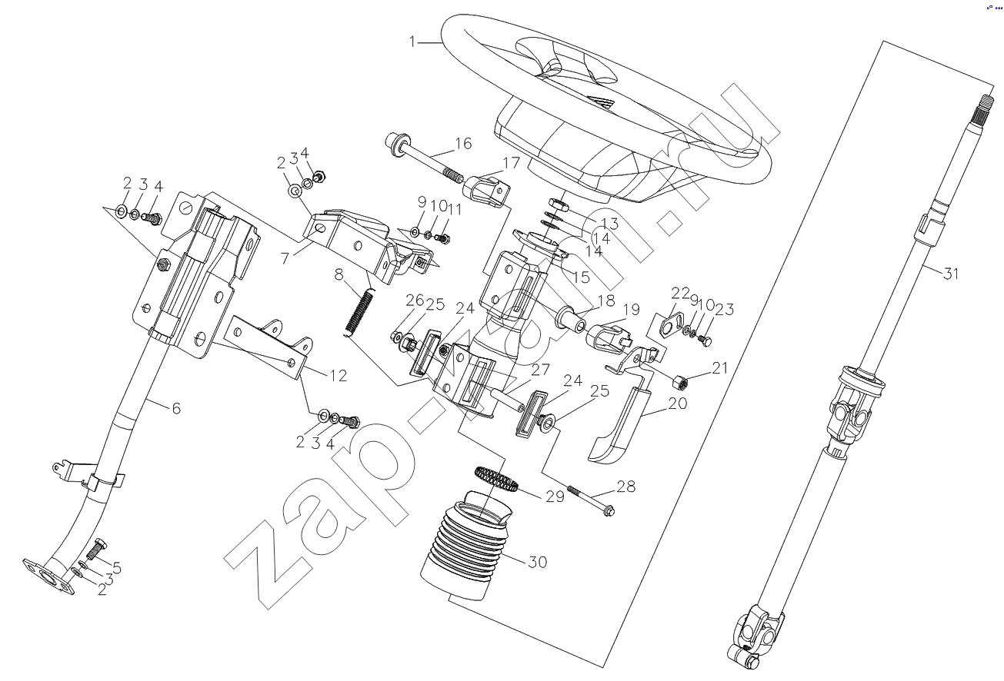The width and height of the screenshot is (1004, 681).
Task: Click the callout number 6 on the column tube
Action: (175, 408)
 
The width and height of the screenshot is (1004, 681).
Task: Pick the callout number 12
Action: (338, 376)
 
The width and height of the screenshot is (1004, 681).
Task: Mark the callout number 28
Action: (626, 487)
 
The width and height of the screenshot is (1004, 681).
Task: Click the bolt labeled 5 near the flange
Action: (98, 550)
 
